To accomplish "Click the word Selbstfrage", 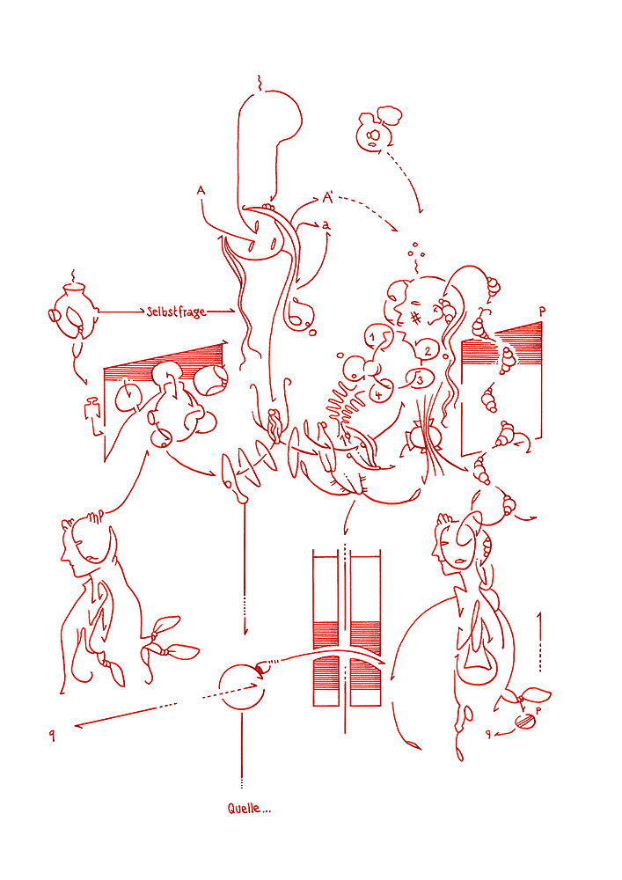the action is point(176,312).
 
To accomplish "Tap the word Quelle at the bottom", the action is point(244,808).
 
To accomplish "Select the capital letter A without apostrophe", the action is point(201,191).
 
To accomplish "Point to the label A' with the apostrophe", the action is point(328,197).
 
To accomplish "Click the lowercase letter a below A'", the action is point(326,225).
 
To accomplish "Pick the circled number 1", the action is point(372,337).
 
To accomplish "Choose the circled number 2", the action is point(428,351).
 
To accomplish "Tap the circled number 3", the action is point(420,380).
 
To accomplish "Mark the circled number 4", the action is point(379,394).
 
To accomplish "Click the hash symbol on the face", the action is point(415,318).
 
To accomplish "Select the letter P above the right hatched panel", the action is point(542,312).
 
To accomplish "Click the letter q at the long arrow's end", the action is point(52,735).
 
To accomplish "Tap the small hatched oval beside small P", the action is point(524,721).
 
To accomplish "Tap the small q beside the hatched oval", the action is point(488,734).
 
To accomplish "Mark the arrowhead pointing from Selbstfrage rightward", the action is point(231,311).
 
